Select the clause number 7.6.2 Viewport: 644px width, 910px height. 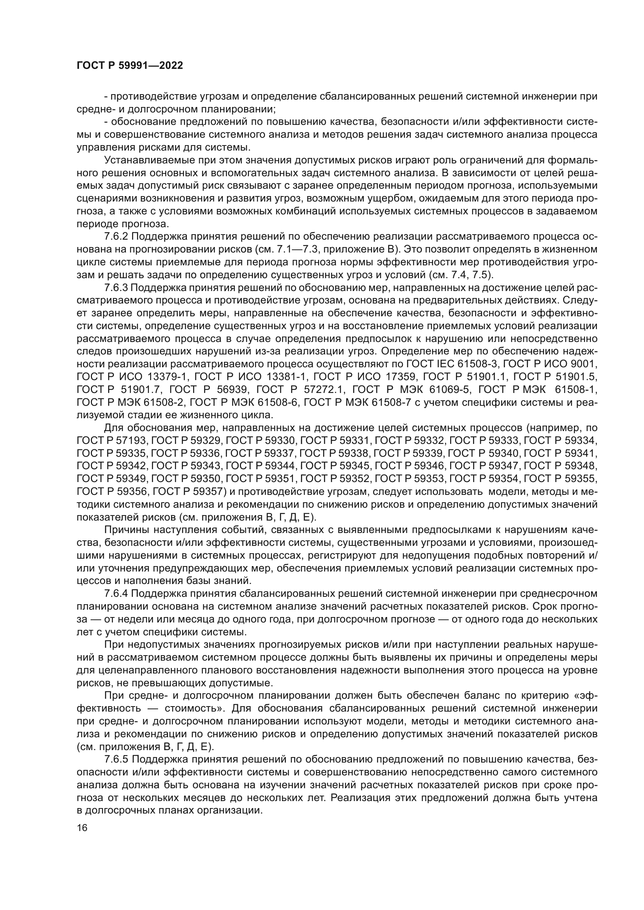click(x=116, y=237)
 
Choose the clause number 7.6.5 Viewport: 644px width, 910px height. click(x=116, y=770)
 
